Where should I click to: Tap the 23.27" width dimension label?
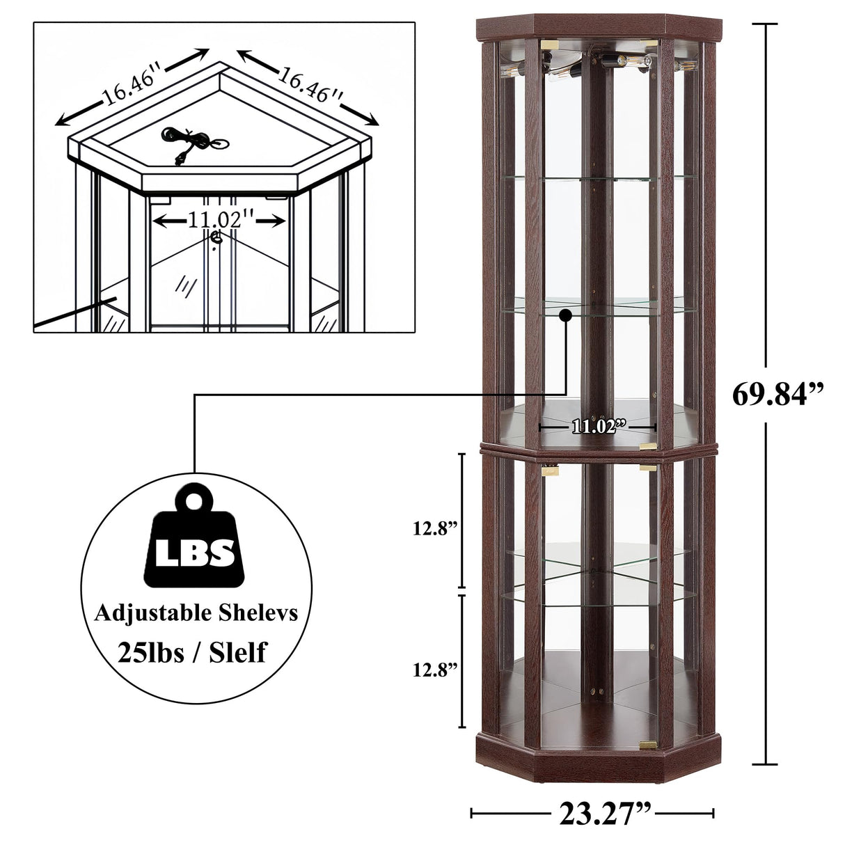605,813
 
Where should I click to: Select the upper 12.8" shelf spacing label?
435,528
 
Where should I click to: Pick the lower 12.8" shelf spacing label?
435,670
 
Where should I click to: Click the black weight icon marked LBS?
189,542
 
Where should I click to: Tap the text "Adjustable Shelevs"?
196,613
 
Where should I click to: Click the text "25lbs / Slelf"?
192,652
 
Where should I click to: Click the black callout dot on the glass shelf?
565,316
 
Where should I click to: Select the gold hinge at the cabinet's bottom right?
648,745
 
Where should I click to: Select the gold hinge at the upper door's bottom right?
648,445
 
